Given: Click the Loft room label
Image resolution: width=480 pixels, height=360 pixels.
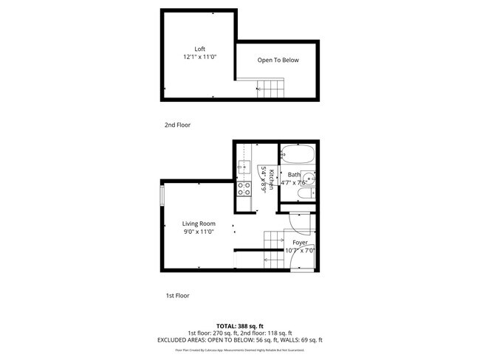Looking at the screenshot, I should click(199, 49).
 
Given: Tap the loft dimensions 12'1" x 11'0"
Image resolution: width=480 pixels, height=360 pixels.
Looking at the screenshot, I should click(199, 57).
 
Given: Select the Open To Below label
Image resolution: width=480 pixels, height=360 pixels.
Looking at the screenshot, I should click(278, 60).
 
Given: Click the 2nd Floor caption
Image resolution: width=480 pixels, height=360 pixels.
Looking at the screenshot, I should click(177, 125).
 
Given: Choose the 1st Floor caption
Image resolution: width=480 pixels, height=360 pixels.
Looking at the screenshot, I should click(177, 295).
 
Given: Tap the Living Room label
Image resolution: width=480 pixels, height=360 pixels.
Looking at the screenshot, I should click(199, 224).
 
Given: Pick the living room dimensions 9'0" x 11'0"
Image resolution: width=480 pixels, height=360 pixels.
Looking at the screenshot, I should click(199, 232).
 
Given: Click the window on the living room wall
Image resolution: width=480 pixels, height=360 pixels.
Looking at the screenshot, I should click(162, 197).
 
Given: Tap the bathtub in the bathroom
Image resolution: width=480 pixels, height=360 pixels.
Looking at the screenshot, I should click(299, 156).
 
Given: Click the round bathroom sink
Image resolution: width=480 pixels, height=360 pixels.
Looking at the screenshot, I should click(311, 178).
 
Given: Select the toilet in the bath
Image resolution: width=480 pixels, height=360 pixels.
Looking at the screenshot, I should click(301, 195).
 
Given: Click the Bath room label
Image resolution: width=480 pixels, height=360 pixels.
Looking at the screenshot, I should click(294, 175).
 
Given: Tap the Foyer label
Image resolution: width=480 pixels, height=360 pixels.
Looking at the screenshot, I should click(300, 242).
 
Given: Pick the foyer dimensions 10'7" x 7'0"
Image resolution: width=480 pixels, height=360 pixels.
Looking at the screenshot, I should click(300, 250).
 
